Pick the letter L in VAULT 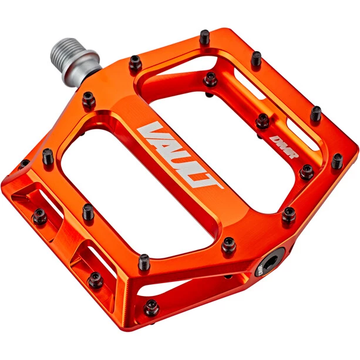point(197,170)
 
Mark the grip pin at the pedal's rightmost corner point(337,160)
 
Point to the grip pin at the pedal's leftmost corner point(25,164)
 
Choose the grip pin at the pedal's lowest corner point(152,307)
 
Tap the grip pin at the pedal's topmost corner point(204,36)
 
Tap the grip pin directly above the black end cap point(288,214)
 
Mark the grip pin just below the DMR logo point(306,171)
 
